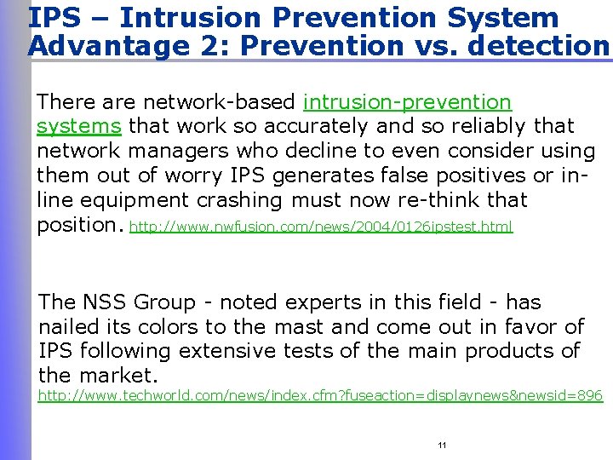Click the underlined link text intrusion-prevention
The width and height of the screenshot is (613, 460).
[407, 102]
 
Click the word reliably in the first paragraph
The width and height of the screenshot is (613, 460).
[484, 127]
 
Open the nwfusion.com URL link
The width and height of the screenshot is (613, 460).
[321, 227]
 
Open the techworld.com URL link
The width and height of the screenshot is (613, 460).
[320, 396]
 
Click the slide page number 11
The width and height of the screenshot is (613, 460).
[442, 446]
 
